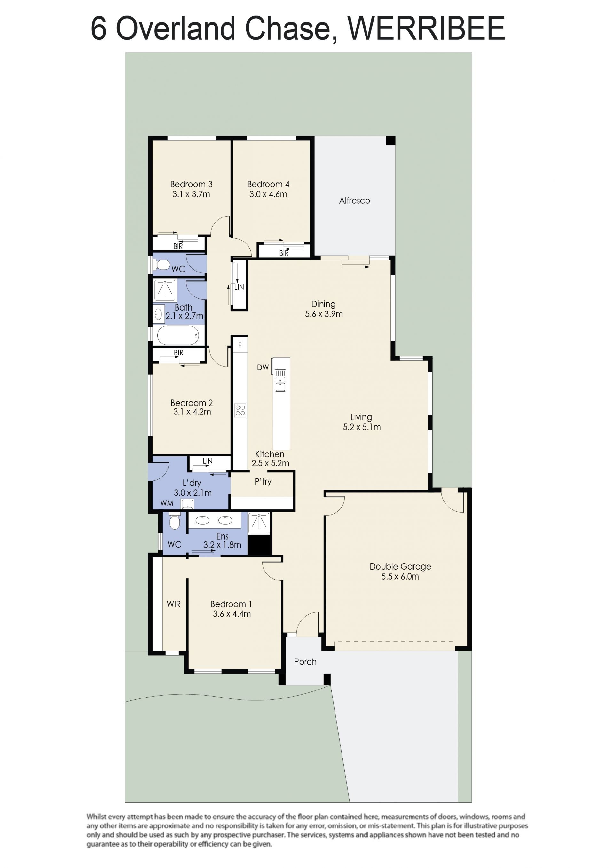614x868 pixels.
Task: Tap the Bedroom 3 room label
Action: (191, 184)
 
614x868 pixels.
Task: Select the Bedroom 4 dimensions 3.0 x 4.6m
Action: (268, 194)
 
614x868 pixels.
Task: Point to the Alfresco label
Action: (354, 201)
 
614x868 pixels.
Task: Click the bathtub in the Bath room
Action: (178, 335)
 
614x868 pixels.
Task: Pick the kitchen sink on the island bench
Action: (280, 380)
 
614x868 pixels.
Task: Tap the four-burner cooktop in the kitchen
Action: (240, 410)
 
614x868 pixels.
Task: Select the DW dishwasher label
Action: (263, 367)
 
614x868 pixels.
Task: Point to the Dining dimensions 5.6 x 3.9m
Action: (324, 314)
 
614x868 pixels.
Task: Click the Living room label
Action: (361, 417)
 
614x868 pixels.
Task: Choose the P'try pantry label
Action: (263, 482)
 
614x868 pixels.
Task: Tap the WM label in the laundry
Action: (167, 503)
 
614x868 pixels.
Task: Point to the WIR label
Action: (174, 604)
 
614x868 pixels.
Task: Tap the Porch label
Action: (305, 662)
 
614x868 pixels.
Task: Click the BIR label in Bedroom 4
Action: (284, 253)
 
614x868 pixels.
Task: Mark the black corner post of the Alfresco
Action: (390, 140)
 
